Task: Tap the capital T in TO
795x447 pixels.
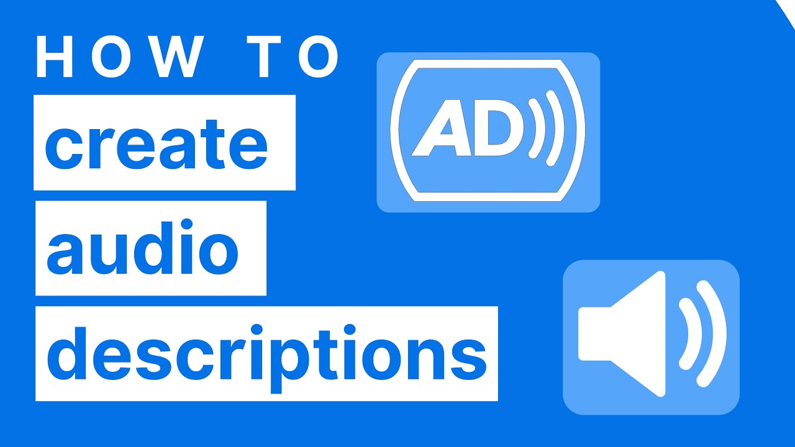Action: [x=265, y=57]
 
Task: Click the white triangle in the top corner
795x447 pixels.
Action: [x=787, y=9]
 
